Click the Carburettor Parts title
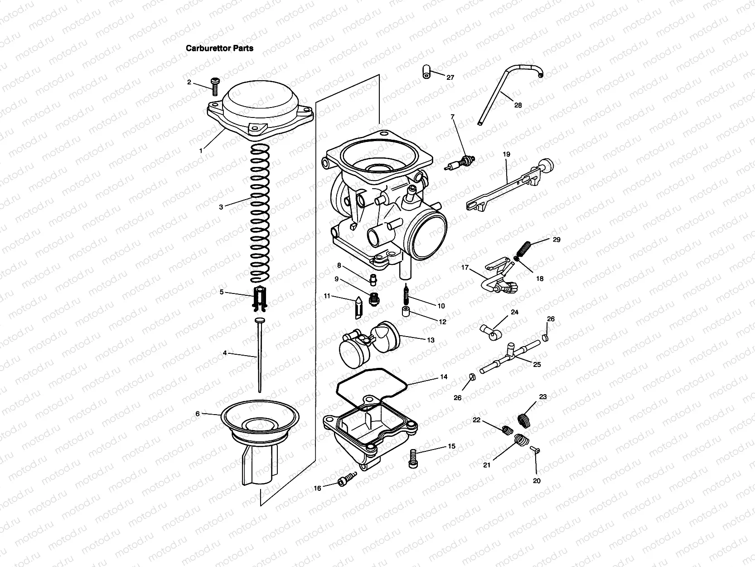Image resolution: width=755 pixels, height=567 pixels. pyautogui.click(x=219, y=48)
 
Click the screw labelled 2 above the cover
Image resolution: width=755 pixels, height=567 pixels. pyautogui.click(x=214, y=86)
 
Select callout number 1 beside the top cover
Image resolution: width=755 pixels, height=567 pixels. pyautogui.click(x=201, y=151)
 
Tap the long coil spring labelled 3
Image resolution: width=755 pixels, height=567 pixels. pyautogui.click(x=260, y=213)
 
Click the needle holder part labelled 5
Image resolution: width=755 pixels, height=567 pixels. pyautogui.click(x=260, y=300)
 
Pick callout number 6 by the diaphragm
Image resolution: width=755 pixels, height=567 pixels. pyautogui.click(x=197, y=414)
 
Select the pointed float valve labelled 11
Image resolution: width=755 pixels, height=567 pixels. pyautogui.click(x=358, y=308)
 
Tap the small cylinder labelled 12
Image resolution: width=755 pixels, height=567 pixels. pyautogui.click(x=406, y=312)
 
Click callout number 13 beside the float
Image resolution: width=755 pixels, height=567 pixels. pyautogui.click(x=431, y=340)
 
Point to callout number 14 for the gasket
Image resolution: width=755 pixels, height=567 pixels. pyautogui.click(x=444, y=376)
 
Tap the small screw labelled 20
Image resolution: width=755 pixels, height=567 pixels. pyautogui.click(x=535, y=449)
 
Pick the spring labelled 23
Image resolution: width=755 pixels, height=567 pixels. pyautogui.click(x=525, y=420)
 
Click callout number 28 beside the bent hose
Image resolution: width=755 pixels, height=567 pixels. pyautogui.click(x=518, y=105)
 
